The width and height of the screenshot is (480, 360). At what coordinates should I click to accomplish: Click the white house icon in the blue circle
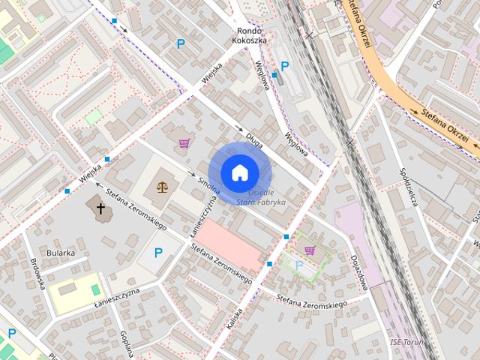(239, 172)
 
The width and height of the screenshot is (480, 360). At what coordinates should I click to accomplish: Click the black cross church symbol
(100, 208)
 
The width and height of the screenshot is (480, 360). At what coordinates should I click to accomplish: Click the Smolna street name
(208, 183)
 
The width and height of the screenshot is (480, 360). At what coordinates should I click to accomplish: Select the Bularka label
(60, 253)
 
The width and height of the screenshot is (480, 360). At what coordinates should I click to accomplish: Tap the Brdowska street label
(38, 274)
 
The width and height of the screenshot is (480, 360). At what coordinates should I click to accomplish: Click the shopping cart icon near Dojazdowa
(309, 250)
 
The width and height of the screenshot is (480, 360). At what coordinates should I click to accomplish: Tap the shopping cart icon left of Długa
(183, 142)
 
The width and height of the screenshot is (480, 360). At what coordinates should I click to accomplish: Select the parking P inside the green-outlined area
(298, 265)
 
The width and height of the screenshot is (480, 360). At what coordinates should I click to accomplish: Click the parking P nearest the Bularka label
(157, 253)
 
